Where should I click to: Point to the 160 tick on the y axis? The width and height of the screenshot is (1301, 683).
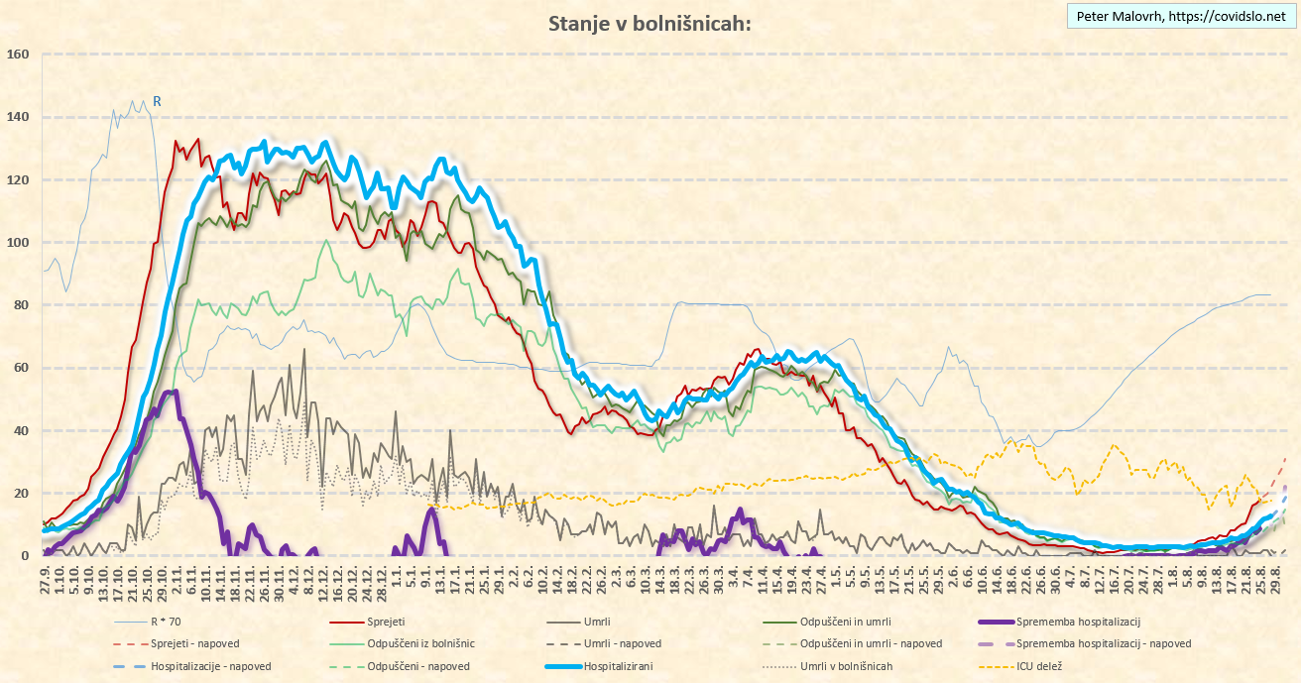point(18,55)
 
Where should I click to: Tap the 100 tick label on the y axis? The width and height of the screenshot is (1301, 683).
point(18,243)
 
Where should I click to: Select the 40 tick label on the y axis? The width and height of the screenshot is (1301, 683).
point(21,431)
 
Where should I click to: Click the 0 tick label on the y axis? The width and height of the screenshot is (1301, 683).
point(25,556)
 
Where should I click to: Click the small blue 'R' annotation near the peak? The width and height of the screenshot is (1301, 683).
point(157,101)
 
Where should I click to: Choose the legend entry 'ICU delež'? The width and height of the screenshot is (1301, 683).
point(1040,666)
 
